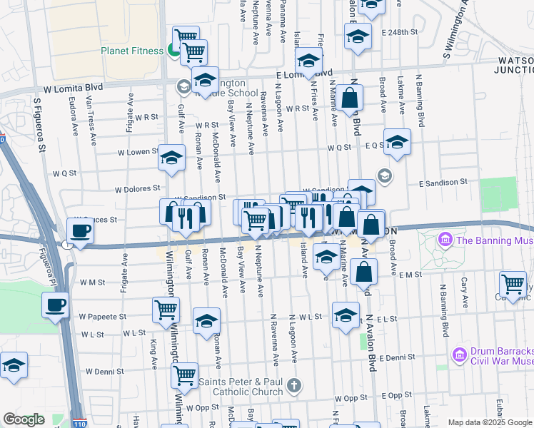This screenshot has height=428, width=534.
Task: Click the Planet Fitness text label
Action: pyautogui.click(x=132, y=51)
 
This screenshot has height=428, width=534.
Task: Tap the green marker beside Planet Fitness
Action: pyautogui.click(x=173, y=50)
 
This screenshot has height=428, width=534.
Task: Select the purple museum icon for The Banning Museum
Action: pyautogui.click(x=446, y=240)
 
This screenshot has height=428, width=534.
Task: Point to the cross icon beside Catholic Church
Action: pyautogui.click(x=293, y=387)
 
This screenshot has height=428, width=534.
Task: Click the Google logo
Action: pyautogui.click(x=24, y=419)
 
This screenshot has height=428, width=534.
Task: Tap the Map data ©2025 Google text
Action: pyautogui.click(x=490, y=422)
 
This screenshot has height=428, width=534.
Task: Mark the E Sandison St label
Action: pyautogui.click(x=443, y=183)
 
